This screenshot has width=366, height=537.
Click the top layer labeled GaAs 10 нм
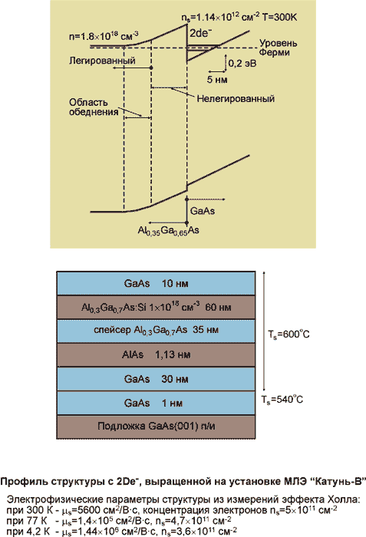click(156, 283)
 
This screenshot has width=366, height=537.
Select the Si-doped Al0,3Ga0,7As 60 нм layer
click(156, 307)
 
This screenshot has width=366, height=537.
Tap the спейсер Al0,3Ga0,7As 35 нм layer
click(156, 331)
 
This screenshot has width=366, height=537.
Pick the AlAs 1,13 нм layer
click(156, 354)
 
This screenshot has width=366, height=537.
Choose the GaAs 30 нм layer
click(156, 379)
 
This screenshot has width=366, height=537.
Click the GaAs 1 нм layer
click(156, 403)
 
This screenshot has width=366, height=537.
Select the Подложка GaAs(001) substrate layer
click(156, 427)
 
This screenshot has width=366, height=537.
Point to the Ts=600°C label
click(289, 334)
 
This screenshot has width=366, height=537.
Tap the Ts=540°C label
click(282, 400)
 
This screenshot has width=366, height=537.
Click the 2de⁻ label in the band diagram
click(201, 33)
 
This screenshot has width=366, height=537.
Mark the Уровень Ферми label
click(278, 48)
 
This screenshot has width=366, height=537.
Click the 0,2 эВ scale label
click(242, 64)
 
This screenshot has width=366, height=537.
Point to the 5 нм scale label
click(217, 80)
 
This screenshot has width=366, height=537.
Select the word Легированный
click(102, 61)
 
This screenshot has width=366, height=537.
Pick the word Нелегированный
click(236, 99)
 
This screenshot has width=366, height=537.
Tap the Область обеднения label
click(94, 107)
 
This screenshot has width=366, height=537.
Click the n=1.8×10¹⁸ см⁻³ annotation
click(104, 35)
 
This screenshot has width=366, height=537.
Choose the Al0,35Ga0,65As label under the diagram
click(168, 231)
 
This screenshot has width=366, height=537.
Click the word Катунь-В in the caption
click(338, 482)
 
